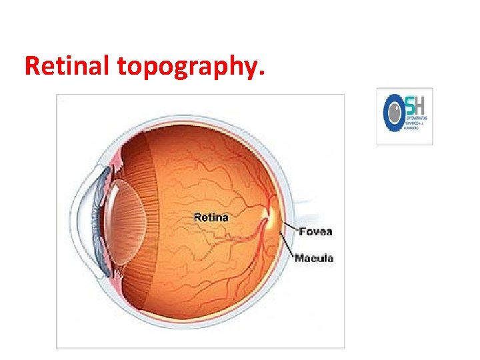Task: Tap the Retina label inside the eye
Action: (211, 217)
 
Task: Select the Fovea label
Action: (316, 232)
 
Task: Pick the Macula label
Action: (314, 258)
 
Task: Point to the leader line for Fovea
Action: (289, 228)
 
